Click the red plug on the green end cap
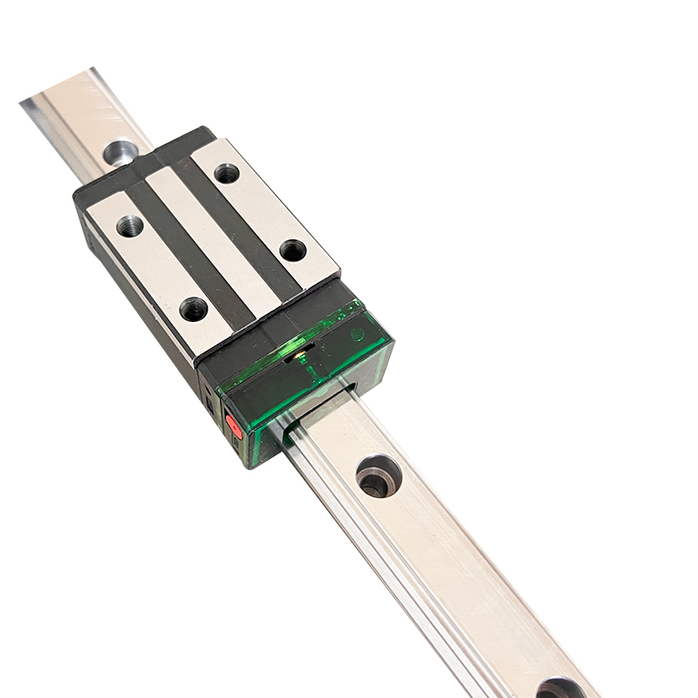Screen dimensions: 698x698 pos(234,427)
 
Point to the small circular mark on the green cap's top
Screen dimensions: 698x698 pos(357,334)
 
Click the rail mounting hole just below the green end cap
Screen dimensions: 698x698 pos(378,476)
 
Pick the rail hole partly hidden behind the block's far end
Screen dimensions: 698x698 pos(120,152)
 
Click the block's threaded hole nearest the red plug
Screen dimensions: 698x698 pos(194,308)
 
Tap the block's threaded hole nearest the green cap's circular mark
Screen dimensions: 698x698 pos(293,250)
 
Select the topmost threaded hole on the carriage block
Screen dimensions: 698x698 pos(227,173)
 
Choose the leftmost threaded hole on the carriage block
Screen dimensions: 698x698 pos(129,225)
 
